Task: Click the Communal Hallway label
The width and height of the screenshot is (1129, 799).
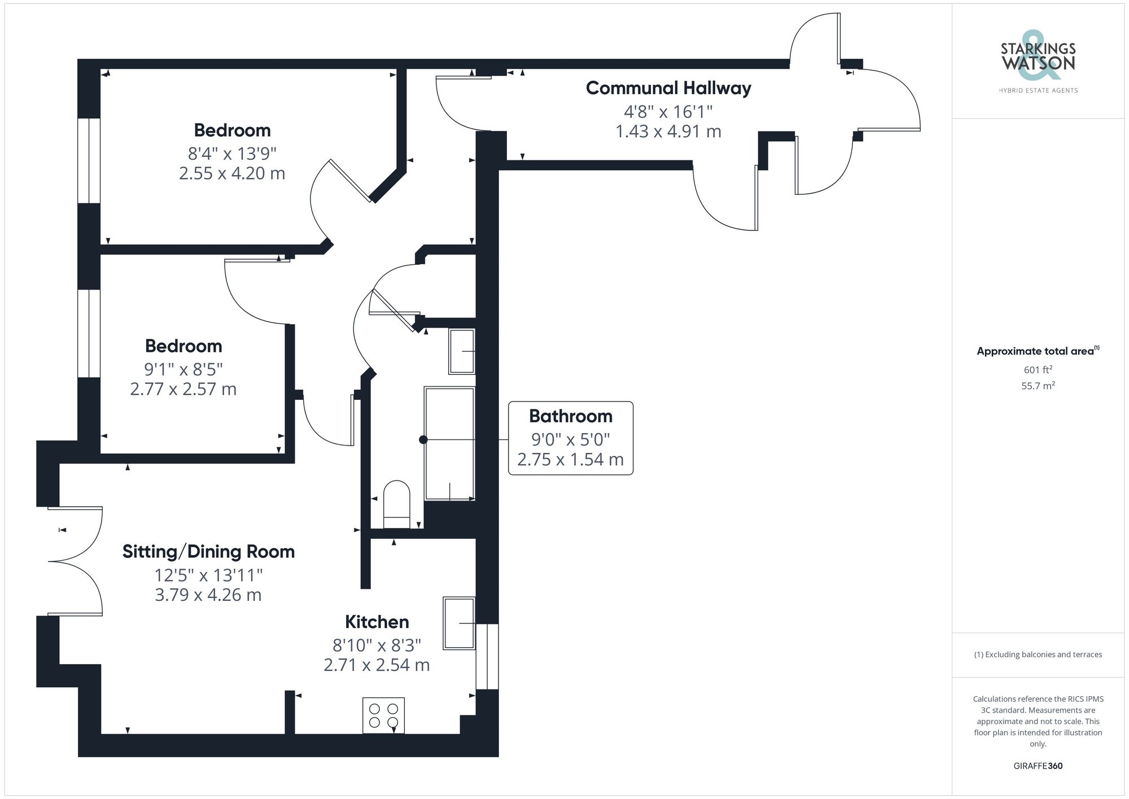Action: (x=668, y=88)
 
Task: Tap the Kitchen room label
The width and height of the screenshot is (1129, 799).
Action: (x=377, y=622)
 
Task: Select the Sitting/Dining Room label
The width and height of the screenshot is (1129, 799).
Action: (x=208, y=551)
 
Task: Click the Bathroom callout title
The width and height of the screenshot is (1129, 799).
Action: (x=570, y=416)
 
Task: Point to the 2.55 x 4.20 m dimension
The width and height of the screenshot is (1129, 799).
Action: (x=232, y=173)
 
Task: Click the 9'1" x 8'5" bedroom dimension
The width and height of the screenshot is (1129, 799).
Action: (x=183, y=369)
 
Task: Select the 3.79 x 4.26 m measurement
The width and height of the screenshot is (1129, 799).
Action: (x=208, y=595)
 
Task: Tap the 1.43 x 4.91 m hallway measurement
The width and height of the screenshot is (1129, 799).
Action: (x=668, y=132)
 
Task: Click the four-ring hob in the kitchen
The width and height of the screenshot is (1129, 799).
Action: (x=383, y=715)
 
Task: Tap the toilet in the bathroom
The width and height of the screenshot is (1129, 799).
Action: (x=396, y=504)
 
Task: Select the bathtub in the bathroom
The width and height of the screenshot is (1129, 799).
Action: (x=449, y=443)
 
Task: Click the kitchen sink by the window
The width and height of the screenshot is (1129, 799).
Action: (x=459, y=623)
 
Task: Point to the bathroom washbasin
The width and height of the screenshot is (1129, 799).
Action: (x=461, y=351)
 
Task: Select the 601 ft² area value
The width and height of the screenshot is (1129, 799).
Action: (x=1038, y=370)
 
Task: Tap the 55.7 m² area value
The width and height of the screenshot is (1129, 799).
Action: (x=1038, y=386)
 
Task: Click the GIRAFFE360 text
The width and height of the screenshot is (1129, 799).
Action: (x=1038, y=766)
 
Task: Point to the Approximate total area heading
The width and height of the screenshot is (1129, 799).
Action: (x=1038, y=351)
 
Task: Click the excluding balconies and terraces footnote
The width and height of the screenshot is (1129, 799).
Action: (x=1038, y=654)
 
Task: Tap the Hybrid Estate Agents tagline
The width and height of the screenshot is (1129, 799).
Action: (x=1038, y=90)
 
